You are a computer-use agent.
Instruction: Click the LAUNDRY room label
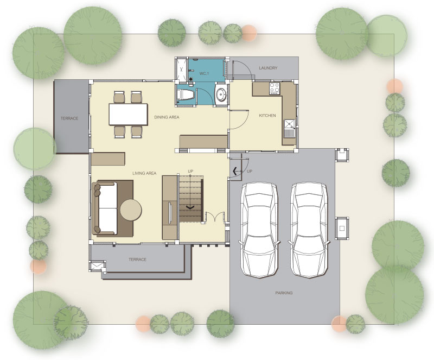pos(268,68)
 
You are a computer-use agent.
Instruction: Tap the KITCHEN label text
pos(267,115)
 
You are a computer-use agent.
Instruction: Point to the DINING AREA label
pos(167,117)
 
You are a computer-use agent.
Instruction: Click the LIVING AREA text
pos(144,173)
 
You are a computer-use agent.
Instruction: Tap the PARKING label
pos(284,293)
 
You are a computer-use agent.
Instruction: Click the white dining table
pos(128,114)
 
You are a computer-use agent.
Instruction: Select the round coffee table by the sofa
pos(131,210)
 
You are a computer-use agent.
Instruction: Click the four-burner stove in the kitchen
pos(275,89)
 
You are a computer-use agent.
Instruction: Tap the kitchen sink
pos(289,128)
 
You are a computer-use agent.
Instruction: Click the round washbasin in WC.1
pos(221,94)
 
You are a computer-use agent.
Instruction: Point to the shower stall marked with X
pos(181,70)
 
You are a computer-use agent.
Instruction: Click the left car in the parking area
pos(259,230)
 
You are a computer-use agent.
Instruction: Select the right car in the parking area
pos(309,230)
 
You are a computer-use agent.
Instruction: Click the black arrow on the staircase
pos(190,207)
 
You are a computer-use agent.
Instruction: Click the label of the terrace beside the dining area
pos(69,118)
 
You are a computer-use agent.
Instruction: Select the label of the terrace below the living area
pos(137,260)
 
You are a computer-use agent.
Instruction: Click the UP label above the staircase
pos(190,171)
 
